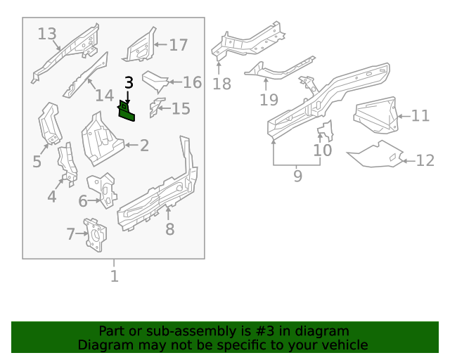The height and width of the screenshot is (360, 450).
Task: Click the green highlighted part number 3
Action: (127, 112)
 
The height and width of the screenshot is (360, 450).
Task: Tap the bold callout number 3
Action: (129, 83)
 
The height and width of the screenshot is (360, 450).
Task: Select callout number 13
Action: (47, 34)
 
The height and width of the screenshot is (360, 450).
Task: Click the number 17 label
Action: (179, 45)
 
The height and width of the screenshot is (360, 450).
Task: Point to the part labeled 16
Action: (155, 81)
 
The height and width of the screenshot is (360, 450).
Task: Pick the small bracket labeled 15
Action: (156, 108)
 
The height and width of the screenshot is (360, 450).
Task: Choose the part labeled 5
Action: (50, 123)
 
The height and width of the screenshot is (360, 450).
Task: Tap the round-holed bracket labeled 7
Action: (95, 235)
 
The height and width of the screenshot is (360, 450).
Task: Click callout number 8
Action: (170, 229)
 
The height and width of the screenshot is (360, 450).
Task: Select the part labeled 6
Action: (103, 189)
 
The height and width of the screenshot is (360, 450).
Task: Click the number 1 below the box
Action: (114, 276)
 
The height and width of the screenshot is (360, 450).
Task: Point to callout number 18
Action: (222, 84)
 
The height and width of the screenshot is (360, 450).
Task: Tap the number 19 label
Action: (269, 100)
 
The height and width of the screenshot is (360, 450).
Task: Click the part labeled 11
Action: (376, 115)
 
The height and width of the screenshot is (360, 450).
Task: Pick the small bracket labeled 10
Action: (326, 131)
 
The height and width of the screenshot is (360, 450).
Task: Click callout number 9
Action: (297, 176)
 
